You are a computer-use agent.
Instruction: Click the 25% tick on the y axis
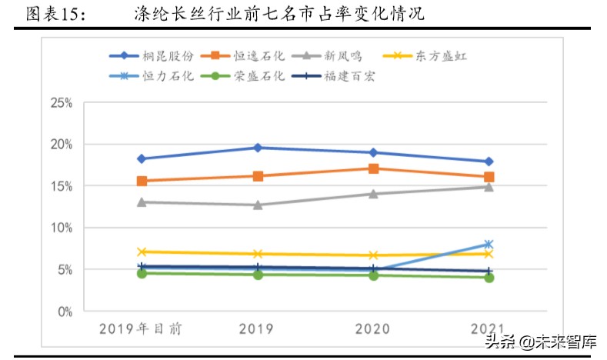click(61, 102)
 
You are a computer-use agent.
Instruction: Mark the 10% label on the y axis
click(61, 228)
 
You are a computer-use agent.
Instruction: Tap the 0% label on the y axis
click(64, 312)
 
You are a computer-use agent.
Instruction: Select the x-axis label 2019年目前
click(142, 329)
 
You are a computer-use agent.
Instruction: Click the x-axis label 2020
click(373, 329)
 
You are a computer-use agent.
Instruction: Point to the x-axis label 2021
click(489, 329)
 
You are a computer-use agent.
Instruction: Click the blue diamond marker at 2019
click(258, 148)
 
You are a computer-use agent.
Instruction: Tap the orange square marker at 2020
click(373, 168)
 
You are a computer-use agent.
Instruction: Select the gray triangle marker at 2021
click(489, 187)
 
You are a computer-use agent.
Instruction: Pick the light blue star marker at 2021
click(489, 245)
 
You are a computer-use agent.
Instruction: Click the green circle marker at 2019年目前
click(142, 273)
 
